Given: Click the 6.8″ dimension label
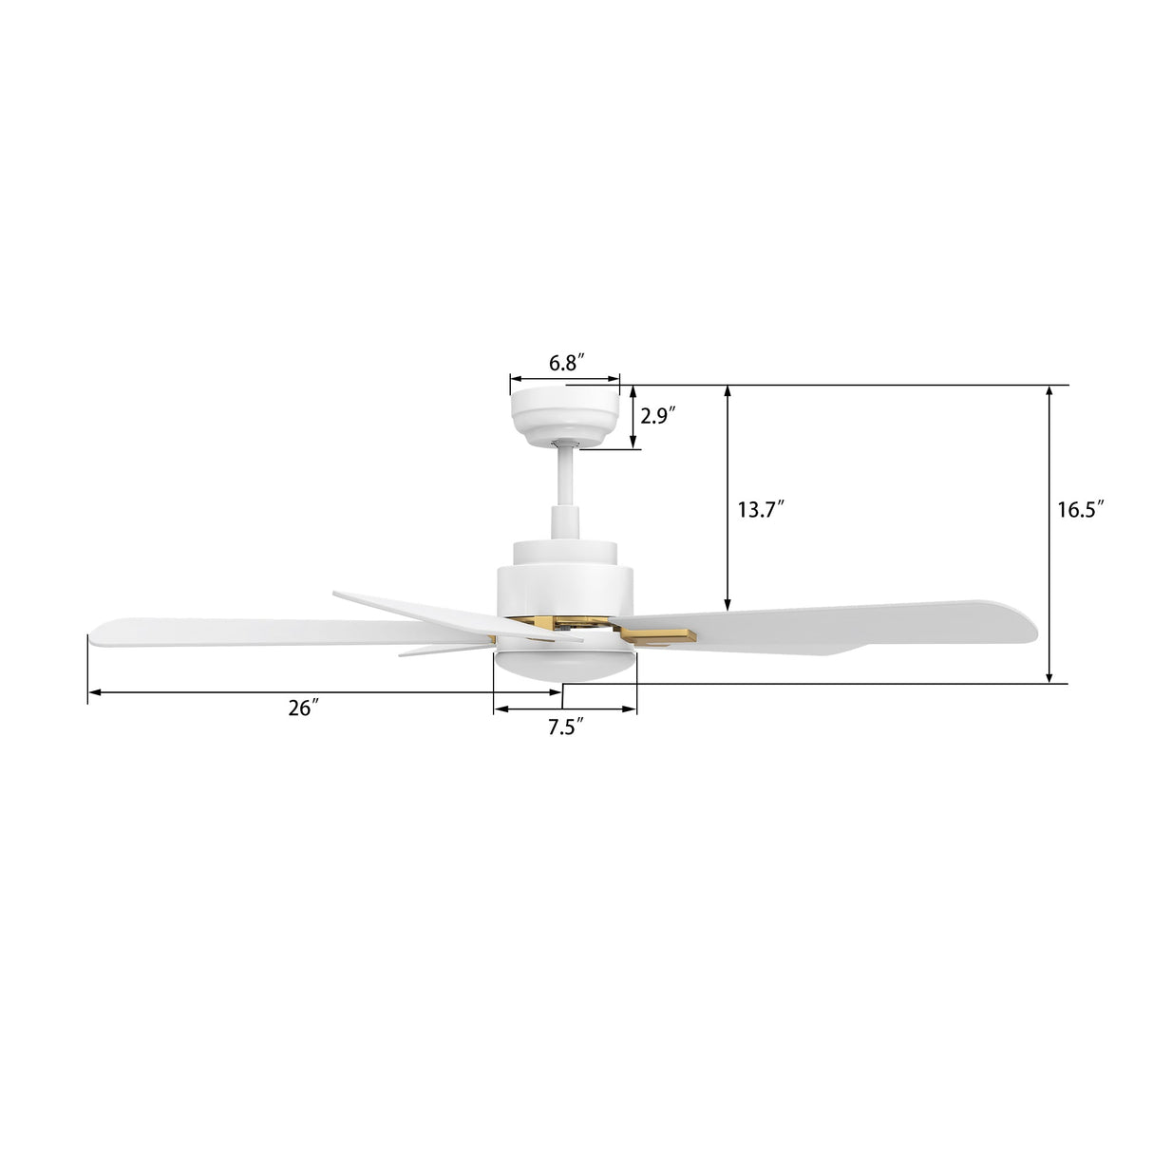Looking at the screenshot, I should [x=565, y=363].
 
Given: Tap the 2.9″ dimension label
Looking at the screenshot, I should [x=657, y=415].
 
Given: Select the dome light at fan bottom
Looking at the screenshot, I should [x=565, y=665].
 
